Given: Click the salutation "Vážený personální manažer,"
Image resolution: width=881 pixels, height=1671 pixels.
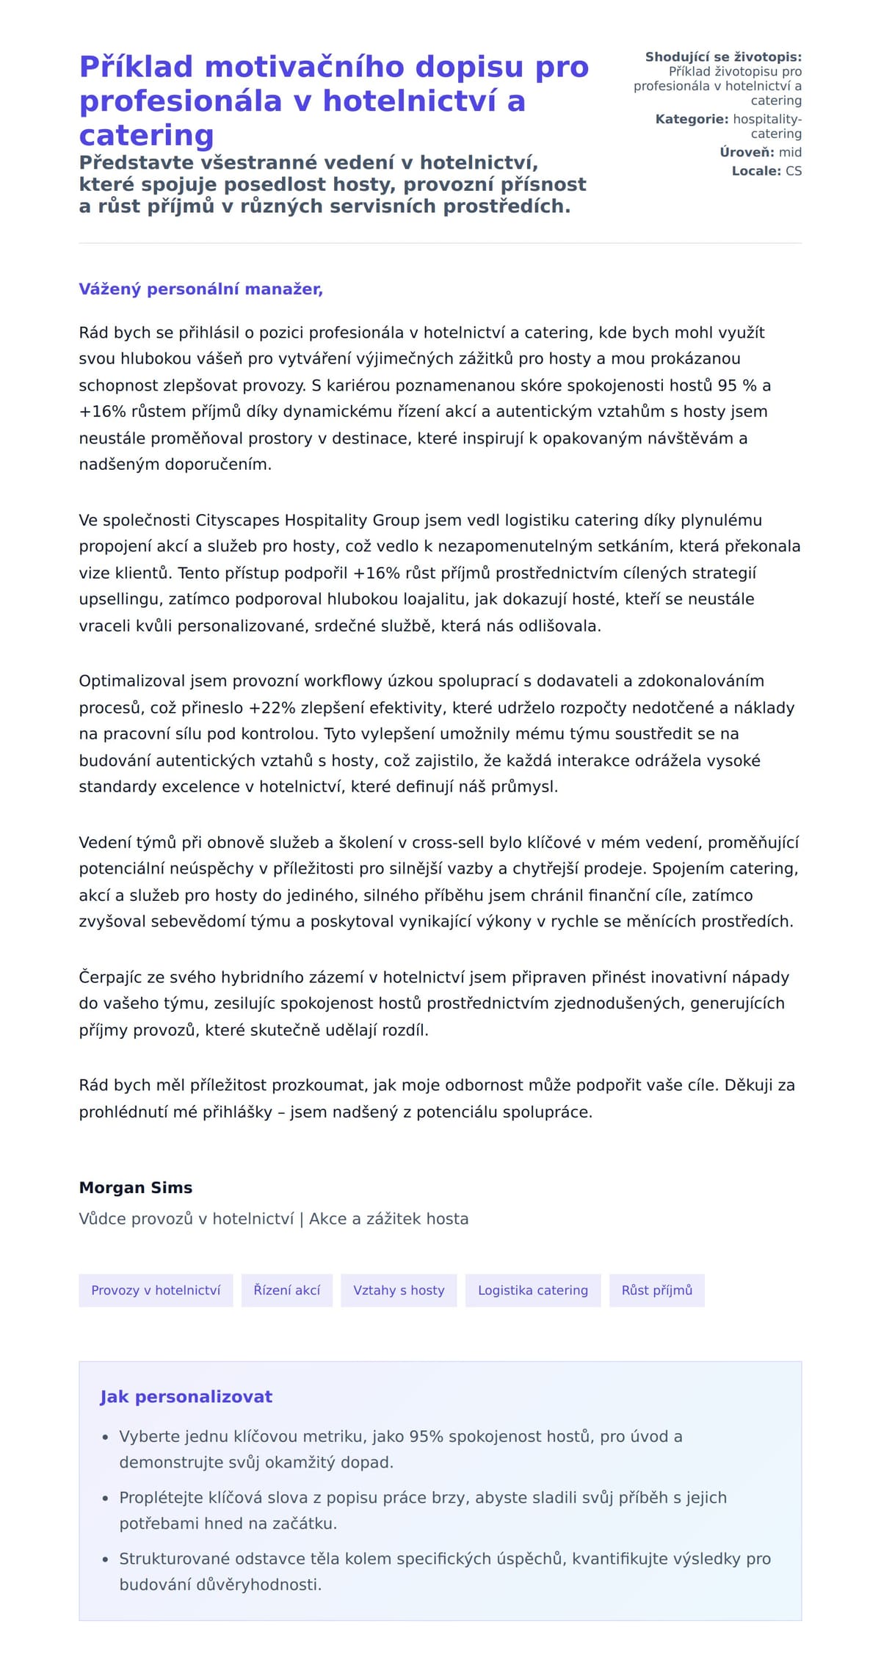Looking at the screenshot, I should tap(200, 289).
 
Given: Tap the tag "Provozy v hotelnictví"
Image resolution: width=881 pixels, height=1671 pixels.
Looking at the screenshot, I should tap(156, 1290).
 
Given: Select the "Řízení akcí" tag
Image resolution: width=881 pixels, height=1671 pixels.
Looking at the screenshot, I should tap(287, 1290).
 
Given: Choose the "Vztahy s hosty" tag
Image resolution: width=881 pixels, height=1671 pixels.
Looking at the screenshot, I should tap(399, 1290).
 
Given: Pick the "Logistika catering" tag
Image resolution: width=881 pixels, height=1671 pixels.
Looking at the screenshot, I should tap(533, 1290).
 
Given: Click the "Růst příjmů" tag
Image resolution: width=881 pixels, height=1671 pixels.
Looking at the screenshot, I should tap(657, 1290).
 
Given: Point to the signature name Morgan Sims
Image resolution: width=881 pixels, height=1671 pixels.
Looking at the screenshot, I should tap(136, 1187).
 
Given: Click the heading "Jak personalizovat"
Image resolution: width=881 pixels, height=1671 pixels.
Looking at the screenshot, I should tap(186, 1396).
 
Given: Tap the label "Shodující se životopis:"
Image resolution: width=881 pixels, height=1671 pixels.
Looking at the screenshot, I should tap(723, 57).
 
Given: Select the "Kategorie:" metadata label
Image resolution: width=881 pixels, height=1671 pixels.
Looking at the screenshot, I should tap(692, 119).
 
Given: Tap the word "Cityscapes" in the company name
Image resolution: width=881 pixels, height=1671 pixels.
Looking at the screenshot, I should tap(238, 520).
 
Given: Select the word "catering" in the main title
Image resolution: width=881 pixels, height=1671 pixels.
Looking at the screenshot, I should tap(146, 136).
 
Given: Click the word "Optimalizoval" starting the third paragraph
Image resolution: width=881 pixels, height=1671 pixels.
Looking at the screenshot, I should tap(132, 681).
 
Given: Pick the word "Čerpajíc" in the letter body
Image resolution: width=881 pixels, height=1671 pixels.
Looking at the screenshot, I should tap(111, 977).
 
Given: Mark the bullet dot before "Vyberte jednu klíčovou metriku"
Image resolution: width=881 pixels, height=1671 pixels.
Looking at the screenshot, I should tap(106, 1437).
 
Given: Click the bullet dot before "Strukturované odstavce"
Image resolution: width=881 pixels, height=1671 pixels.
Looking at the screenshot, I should tap(106, 1559).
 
